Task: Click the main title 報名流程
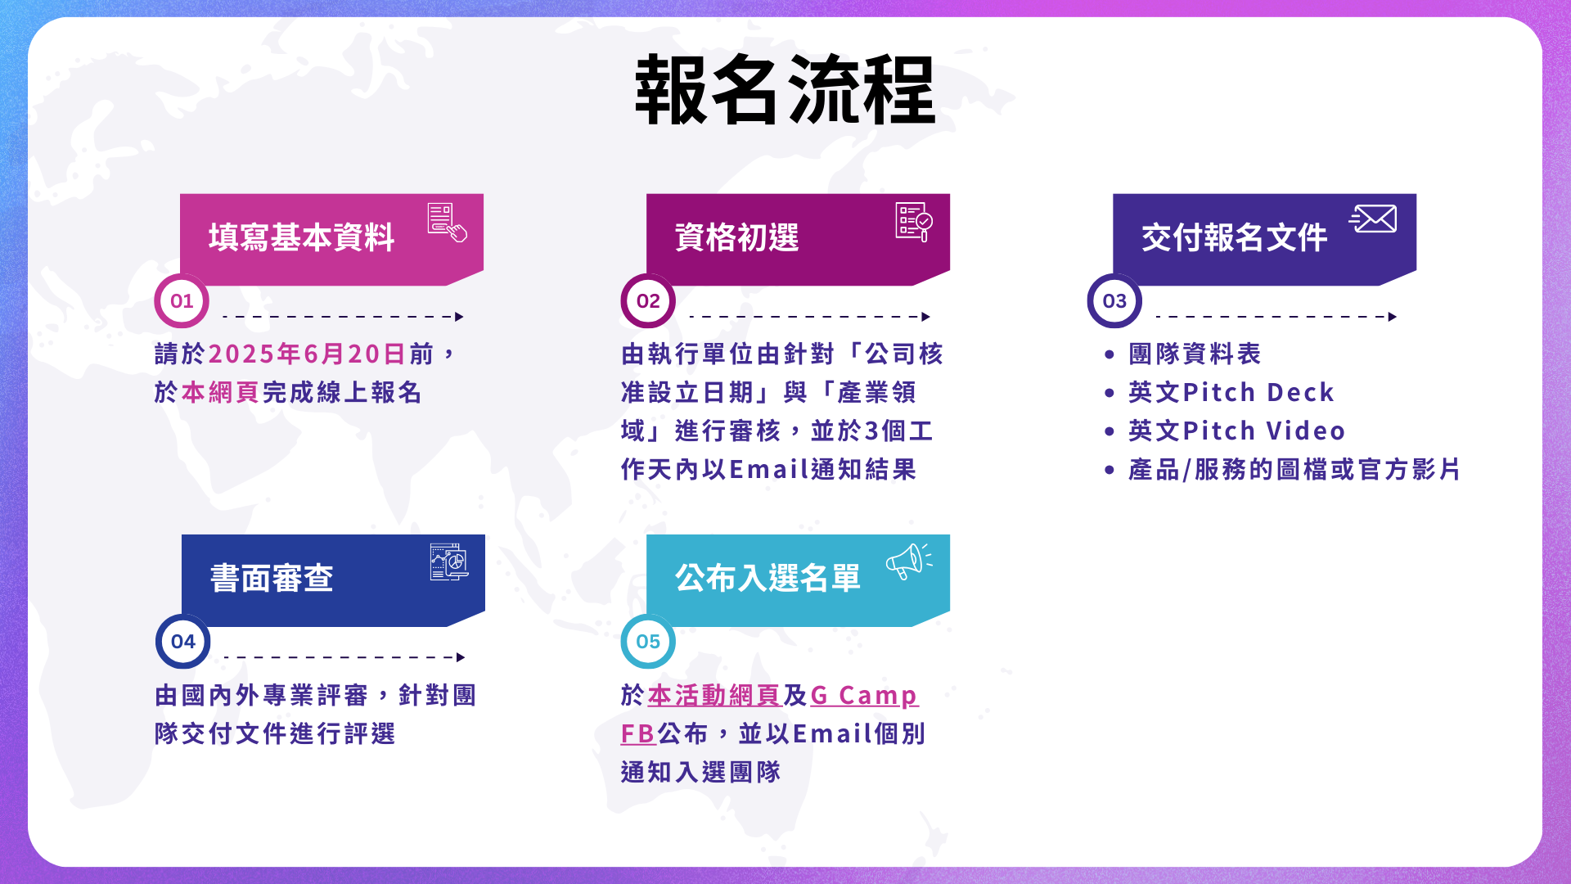785,90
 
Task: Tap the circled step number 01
182,300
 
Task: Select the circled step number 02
648,300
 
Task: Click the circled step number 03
1114,300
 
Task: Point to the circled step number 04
182,642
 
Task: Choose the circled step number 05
648,642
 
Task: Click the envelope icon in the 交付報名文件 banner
1373,219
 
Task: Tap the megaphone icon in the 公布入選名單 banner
909,562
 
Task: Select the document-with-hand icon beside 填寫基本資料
447,223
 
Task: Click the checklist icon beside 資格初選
914,222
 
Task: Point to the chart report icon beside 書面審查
449,562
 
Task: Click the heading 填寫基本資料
302,237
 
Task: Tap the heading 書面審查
272,578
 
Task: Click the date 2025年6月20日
308,354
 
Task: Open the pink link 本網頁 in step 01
221,392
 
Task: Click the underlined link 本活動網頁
714,695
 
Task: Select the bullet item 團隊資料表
1195,354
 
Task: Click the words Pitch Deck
1259,392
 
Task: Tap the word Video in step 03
1306,431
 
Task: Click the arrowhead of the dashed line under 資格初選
926,317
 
